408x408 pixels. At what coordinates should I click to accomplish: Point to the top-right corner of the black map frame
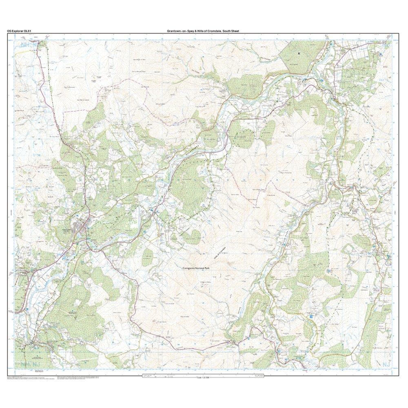tap(399, 34)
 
